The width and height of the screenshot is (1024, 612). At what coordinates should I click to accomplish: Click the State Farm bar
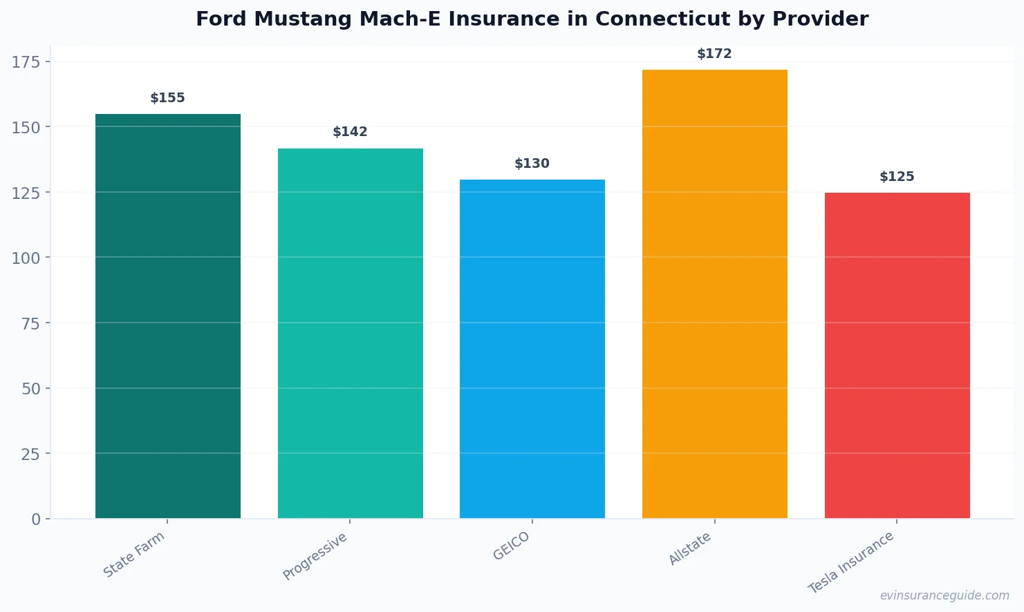coord(168,316)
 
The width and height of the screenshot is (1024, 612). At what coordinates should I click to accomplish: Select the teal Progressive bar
coord(350,333)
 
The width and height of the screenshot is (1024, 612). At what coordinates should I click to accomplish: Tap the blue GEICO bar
coord(532,349)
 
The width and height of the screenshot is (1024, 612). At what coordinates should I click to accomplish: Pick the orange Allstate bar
coord(714,294)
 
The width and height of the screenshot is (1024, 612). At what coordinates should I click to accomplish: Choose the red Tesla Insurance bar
coord(897,355)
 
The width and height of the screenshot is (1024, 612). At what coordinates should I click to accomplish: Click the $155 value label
coord(168,98)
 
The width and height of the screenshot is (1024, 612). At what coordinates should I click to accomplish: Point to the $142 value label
coord(350,132)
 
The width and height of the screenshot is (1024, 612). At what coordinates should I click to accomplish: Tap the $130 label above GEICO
coord(532,164)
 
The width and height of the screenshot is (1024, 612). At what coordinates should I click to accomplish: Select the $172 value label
coord(714,54)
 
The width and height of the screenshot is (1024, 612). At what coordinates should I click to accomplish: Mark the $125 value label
coord(897,177)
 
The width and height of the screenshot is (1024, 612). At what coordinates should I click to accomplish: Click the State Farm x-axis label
coord(134,554)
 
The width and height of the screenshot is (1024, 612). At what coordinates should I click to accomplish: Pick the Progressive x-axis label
coord(315,556)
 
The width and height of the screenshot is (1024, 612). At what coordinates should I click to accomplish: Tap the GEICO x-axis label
coord(512,546)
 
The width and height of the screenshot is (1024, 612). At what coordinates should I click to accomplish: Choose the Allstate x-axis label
coord(690,549)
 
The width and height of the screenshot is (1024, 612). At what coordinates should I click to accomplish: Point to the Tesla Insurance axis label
coord(851,562)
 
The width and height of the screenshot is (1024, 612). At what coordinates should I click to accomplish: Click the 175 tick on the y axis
coord(26,62)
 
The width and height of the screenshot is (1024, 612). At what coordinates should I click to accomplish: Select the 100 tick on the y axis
coord(26,258)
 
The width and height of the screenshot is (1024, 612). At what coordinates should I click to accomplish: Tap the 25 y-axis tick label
coord(30,454)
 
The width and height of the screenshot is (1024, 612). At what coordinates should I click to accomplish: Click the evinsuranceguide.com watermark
coord(944,595)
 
